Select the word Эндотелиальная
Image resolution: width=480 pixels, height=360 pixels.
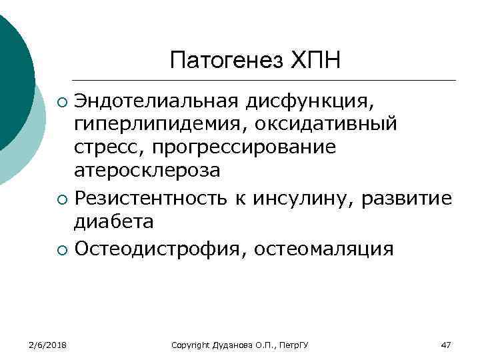157,101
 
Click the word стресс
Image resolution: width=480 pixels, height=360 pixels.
105,147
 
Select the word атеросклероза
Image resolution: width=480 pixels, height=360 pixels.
147,171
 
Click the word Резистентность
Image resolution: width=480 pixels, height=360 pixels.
149,198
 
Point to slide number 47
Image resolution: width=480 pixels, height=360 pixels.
446,345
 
